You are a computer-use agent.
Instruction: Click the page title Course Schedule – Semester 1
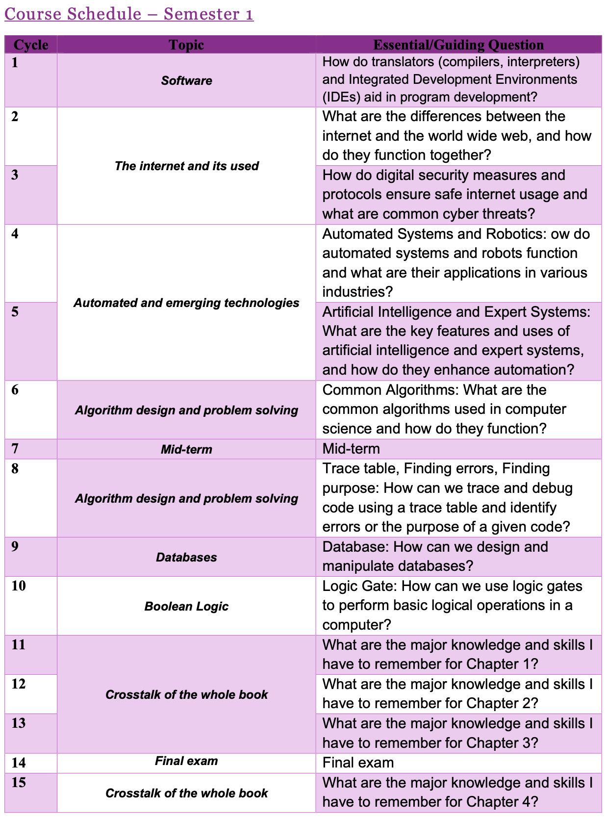coord(129,14)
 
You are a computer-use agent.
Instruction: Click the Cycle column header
coord(31,45)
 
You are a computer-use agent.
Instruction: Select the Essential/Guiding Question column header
coord(458,45)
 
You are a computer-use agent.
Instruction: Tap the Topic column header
coord(186,45)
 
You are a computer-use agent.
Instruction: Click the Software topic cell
coord(186,80)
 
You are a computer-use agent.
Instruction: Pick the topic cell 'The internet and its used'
coord(186,166)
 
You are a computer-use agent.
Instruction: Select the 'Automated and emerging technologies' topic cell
coord(186,303)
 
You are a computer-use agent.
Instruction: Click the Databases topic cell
coord(186,557)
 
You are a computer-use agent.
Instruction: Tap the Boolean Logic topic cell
coord(186,606)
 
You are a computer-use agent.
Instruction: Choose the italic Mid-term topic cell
coord(186,449)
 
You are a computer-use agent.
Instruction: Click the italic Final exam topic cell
coord(186,761)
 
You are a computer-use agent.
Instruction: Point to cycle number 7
coord(15,448)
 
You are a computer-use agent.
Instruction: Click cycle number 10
coord(19,586)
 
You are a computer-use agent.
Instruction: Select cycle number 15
coord(19,782)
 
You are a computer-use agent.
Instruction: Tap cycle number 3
coord(15,175)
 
